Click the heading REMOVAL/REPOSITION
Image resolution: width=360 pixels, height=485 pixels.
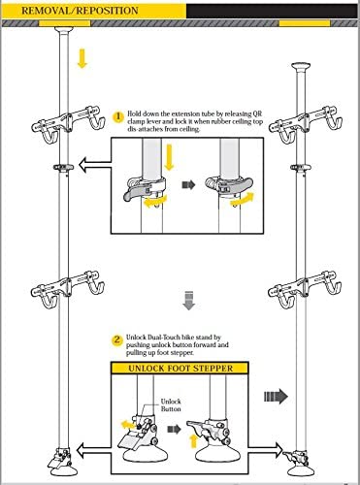coord(80,11)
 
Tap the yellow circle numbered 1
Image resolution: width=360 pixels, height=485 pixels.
coord(118,116)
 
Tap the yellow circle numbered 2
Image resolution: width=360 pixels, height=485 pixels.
coord(117,340)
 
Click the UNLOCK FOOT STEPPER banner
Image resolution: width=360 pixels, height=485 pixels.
coord(180,369)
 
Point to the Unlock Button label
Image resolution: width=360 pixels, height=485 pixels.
coord(171,405)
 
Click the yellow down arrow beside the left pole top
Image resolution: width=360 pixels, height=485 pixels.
coord(82,58)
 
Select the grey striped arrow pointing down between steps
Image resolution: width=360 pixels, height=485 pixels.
coord(188,301)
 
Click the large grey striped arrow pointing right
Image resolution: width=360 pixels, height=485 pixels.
coord(276,397)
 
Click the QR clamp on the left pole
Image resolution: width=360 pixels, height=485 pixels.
coord(63,167)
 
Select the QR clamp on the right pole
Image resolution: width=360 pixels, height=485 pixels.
coord(301,168)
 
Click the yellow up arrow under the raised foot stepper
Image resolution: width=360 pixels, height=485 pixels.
coord(193,441)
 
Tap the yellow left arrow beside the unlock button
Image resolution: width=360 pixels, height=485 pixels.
coord(128,425)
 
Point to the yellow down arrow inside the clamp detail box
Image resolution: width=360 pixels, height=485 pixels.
coord(169,157)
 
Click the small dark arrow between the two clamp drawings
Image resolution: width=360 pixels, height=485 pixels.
coord(188,185)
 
